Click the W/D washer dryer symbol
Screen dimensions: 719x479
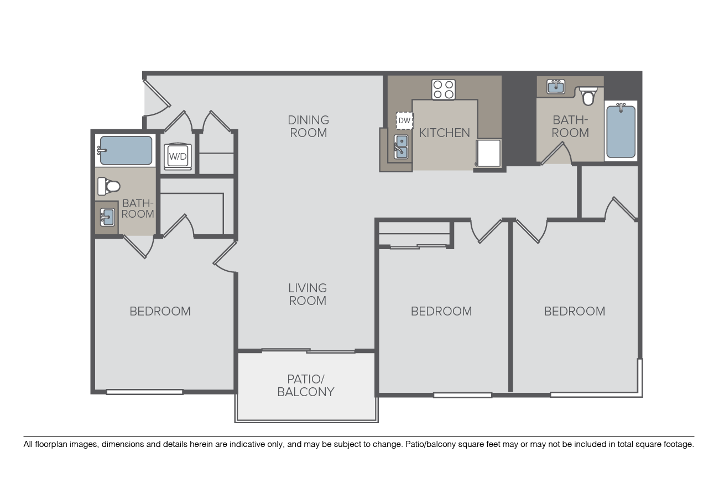[178, 156]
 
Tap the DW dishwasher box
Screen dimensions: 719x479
[404, 120]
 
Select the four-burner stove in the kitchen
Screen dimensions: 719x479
[443, 90]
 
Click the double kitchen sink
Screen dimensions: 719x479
[401, 146]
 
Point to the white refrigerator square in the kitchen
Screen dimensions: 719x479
[488, 153]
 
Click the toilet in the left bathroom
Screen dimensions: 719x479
[109, 186]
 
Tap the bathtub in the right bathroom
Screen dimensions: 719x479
[621, 131]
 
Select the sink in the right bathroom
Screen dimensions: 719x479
[556, 87]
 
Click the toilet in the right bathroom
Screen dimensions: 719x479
[588, 96]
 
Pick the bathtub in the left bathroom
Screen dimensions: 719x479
[126, 150]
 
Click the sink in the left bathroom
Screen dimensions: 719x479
[107, 217]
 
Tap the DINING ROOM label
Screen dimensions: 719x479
[308, 127]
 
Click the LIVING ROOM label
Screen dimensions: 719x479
[308, 294]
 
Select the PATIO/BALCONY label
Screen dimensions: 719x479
[306, 386]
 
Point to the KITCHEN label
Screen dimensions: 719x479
[444, 133]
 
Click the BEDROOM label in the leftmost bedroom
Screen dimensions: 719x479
[160, 311]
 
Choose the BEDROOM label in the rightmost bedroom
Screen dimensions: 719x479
[575, 311]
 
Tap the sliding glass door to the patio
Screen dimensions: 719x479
[308, 350]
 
